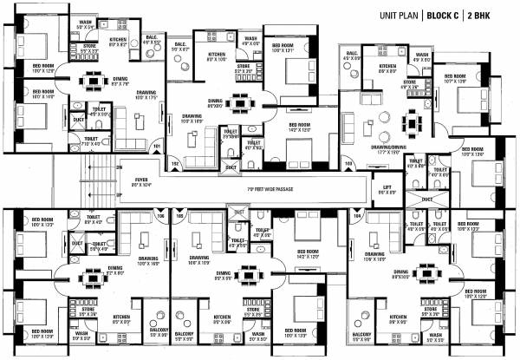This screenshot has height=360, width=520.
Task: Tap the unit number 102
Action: click(x=173, y=162)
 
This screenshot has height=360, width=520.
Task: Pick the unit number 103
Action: click(x=349, y=162)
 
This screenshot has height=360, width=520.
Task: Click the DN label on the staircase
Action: click(x=120, y=167)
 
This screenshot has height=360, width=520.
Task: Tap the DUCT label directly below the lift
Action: click(x=426, y=199)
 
